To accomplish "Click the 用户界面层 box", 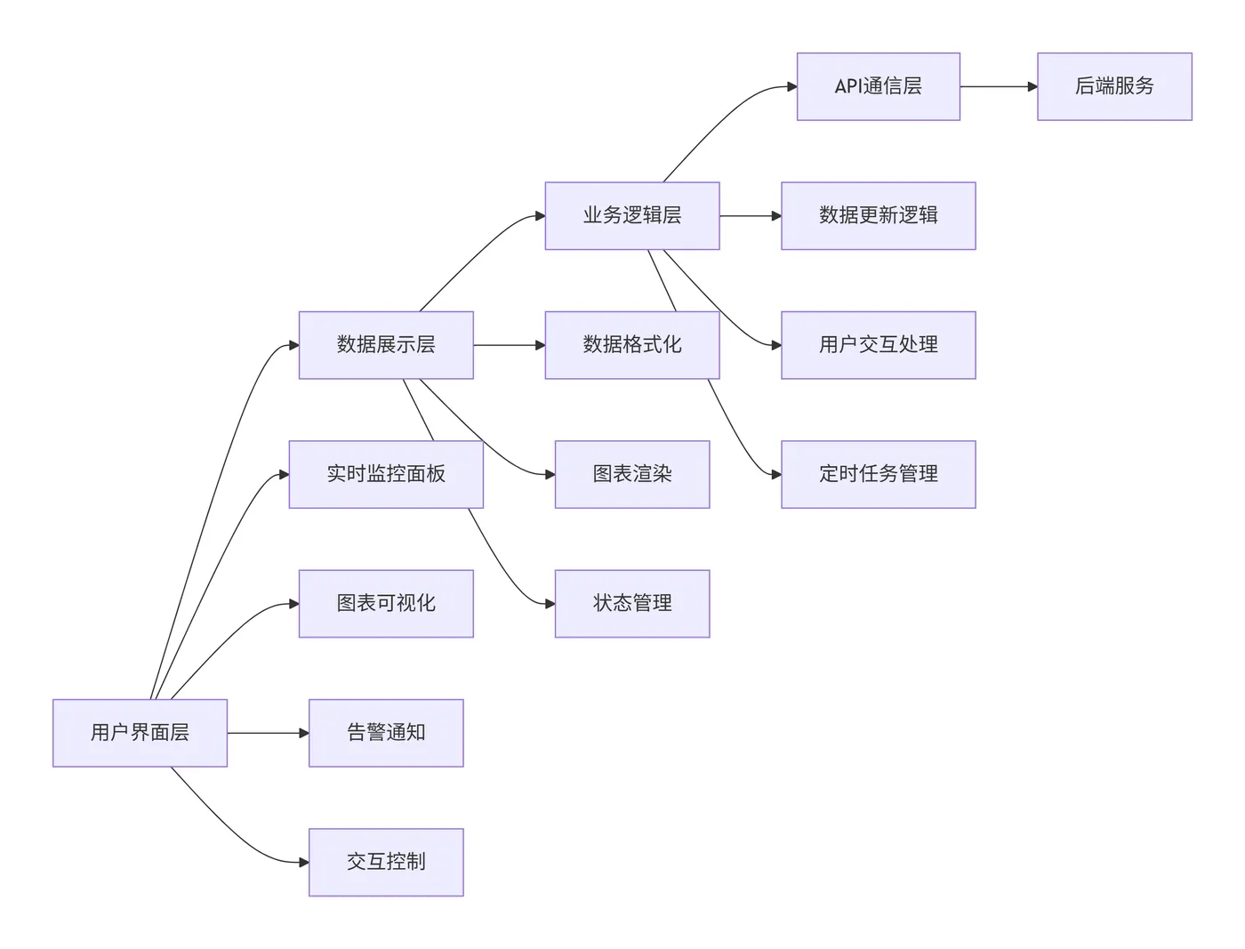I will (x=140, y=733).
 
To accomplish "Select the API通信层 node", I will (x=878, y=86).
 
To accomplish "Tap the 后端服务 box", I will (x=1113, y=86).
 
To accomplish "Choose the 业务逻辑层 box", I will (x=631, y=215).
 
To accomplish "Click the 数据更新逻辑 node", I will (x=878, y=215).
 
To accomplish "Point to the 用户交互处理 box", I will (x=878, y=345).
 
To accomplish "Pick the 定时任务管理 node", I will (x=878, y=474).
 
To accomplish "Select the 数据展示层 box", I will (x=385, y=345).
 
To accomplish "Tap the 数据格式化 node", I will (x=631, y=345).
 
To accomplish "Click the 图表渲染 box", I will (x=631, y=474).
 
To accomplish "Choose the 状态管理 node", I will (x=631, y=603).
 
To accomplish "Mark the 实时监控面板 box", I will (x=385, y=474).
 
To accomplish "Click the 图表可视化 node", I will (x=385, y=603).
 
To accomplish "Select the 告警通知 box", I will (x=385, y=733).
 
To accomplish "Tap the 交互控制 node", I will (x=385, y=862).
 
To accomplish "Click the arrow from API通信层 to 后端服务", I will (x=998, y=86).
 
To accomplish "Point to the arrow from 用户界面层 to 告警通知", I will (x=267, y=733).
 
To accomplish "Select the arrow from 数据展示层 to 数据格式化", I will (x=508, y=345).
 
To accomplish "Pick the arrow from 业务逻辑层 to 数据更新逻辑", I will (x=749, y=215).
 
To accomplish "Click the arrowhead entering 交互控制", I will (x=304, y=862).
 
